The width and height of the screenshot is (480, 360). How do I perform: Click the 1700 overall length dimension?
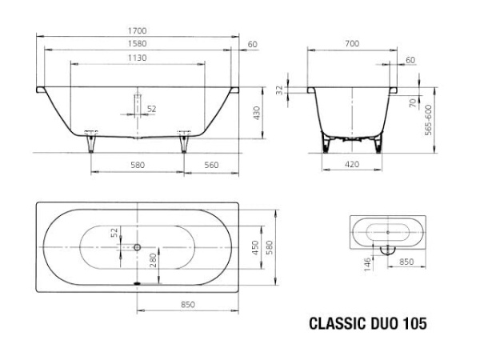point(138,30)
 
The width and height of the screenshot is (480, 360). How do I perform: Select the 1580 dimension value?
point(138,44)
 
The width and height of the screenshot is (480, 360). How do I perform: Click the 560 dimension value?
point(212,165)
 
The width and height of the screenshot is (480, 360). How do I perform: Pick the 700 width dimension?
point(352,44)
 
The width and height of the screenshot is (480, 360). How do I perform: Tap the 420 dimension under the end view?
point(352,165)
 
